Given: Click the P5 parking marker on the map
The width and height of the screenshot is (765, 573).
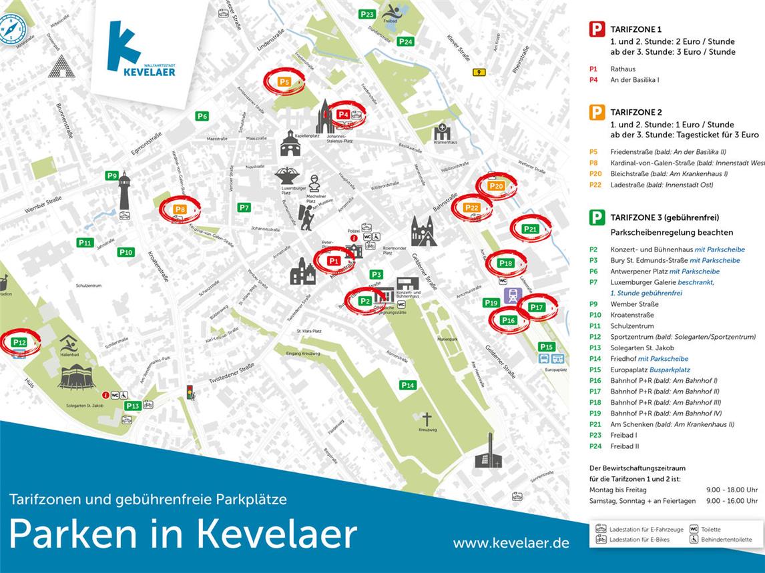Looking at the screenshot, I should pos(284,81).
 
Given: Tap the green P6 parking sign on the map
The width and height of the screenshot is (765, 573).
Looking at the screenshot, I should pos(202,116).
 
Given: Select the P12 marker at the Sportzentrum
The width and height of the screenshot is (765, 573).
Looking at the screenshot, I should pos(19,342).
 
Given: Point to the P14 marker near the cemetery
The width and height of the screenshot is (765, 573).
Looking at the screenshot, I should pos(408,385).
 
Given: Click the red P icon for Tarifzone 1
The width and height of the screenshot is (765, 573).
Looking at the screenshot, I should pos(597,29).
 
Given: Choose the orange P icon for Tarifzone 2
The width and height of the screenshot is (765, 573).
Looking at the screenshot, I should pos(597,112).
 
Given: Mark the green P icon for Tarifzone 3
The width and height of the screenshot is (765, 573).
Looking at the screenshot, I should pos(597,217).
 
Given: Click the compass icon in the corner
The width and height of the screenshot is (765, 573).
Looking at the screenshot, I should pos(12,29).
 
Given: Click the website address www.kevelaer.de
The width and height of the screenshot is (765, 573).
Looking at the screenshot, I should pos(511,543).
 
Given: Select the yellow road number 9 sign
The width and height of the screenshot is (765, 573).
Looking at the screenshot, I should pos(478,72).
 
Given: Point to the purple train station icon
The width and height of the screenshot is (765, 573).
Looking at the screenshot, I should pos(513,295).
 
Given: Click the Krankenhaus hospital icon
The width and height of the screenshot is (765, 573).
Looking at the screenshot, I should pos(442,132).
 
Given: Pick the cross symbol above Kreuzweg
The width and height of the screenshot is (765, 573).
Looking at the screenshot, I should pos(427,420).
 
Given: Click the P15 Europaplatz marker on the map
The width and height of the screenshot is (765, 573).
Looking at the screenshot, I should pos(547,347).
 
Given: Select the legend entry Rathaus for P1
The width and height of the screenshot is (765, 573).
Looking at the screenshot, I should pos(622,69).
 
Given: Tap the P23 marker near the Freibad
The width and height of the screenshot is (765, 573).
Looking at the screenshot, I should pos(367,14).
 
